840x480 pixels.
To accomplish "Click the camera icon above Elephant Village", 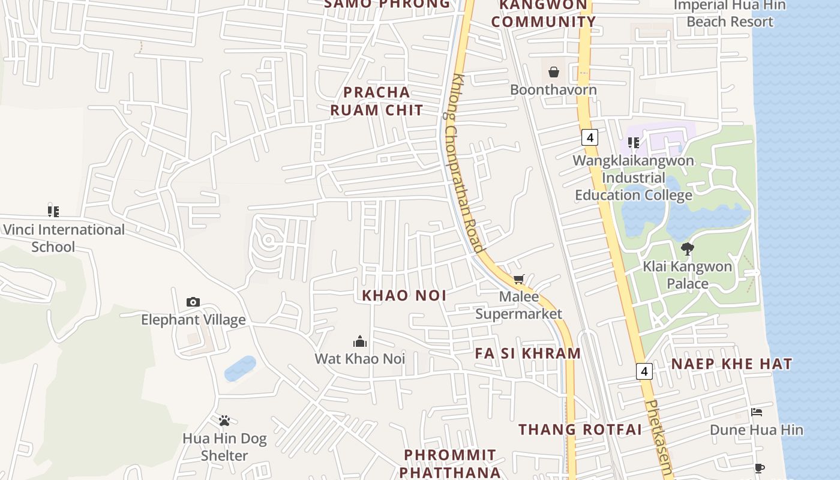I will tap(193, 302).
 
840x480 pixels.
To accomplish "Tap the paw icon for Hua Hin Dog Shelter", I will tap(224, 421).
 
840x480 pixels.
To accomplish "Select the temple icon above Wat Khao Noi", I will tap(360, 341).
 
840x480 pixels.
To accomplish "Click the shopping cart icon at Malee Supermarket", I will tap(519, 279).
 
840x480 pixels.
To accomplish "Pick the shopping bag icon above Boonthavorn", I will tap(554, 72).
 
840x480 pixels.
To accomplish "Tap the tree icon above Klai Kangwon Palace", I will tap(688, 248).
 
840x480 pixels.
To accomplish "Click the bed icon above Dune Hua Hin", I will tap(757, 412).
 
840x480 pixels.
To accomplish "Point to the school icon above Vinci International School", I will tap(53, 211).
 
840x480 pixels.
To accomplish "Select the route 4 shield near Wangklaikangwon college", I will tap(590, 137).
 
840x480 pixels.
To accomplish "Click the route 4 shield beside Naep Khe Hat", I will tap(644, 371).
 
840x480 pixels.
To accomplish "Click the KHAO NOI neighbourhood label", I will tap(404, 295).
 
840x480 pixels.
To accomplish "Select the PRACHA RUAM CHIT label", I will tap(377, 101).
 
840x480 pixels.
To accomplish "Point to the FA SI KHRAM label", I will tap(528, 353).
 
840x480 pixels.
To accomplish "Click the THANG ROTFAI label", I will tap(580, 430).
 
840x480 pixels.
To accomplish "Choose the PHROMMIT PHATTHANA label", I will tap(450, 463).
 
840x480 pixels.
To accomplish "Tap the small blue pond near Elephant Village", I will tap(240, 368).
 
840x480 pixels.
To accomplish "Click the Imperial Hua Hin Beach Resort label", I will tap(730, 13).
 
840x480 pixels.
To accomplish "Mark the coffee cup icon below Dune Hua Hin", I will tap(759, 467).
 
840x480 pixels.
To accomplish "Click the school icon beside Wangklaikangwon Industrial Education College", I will tap(633, 142).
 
